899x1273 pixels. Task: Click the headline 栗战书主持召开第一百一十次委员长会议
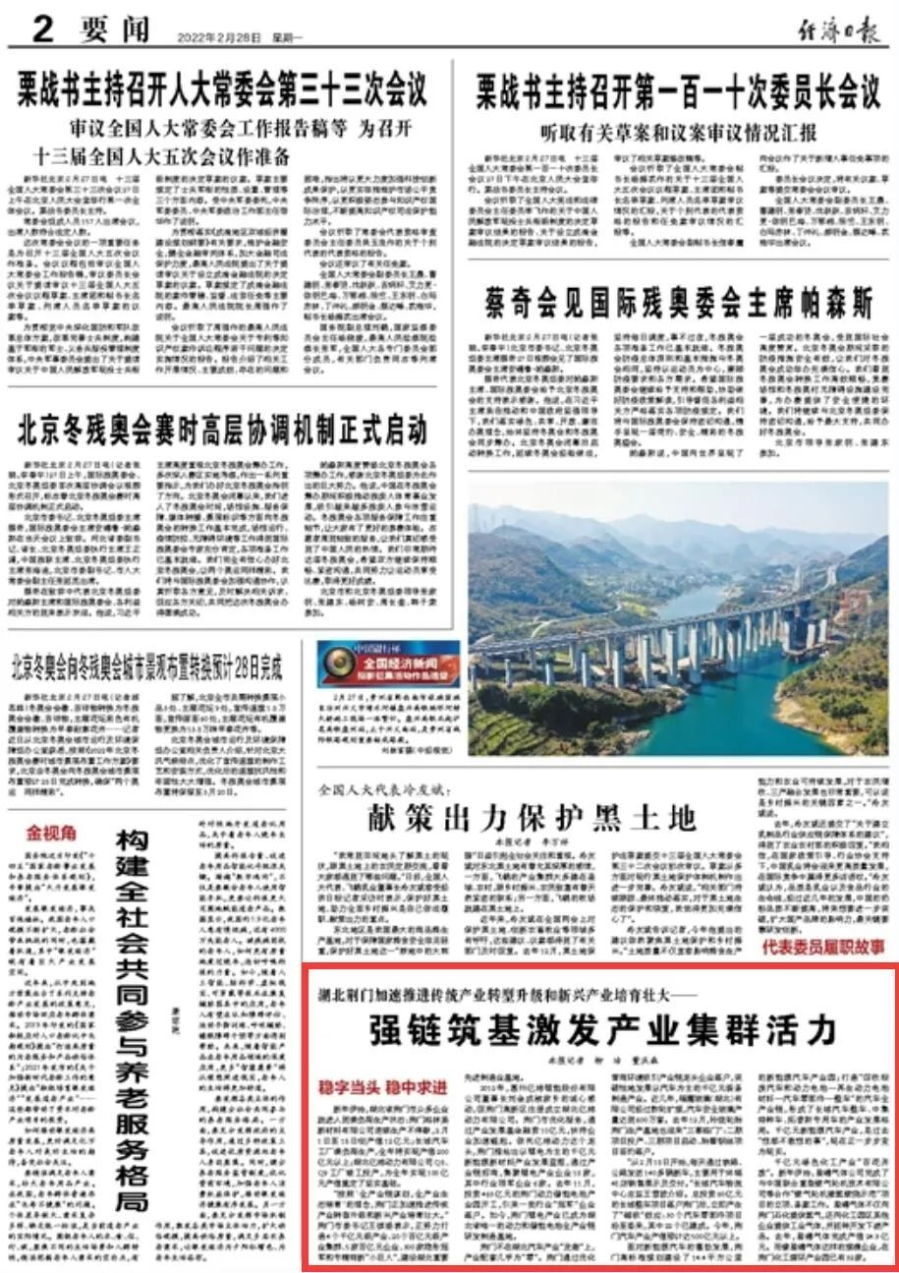678,93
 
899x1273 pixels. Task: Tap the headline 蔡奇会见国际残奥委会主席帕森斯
678,304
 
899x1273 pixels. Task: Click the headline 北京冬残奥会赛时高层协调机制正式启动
223,430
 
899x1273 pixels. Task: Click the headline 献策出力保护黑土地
532,817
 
